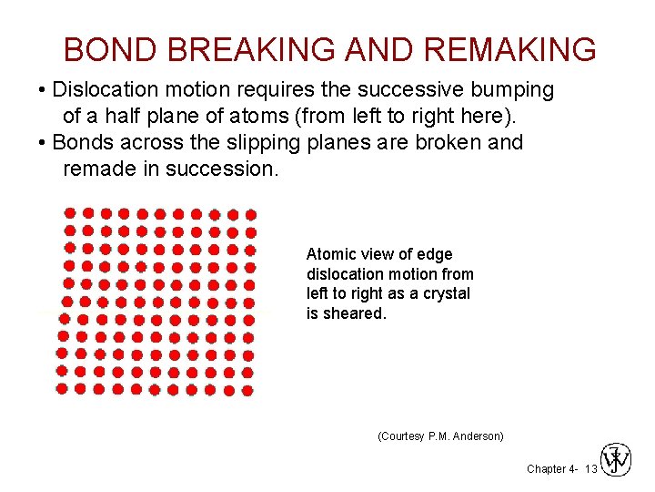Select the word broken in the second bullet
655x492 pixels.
click(442, 142)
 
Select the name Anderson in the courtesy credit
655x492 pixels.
click(474, 436)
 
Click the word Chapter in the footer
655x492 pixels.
click(547, 468)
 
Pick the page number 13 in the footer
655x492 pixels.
click(590, 468)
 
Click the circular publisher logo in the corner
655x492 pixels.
click(615, 459)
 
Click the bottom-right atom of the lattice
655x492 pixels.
click(247, 389)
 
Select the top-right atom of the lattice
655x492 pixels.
click(251, 215)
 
